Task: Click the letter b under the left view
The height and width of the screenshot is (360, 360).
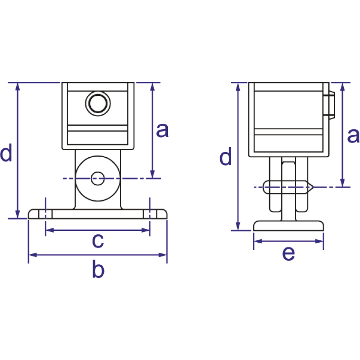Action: point(98,269)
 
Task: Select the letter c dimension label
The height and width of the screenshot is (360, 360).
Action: point(98,241)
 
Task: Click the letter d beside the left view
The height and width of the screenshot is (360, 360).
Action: point(6,152)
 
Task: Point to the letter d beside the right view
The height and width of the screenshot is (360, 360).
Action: point(225,156)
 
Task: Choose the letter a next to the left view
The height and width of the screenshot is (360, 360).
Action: point(162,130)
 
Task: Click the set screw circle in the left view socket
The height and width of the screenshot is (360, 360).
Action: point(98,103)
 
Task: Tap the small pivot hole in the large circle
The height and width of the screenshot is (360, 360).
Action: point(98,179)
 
